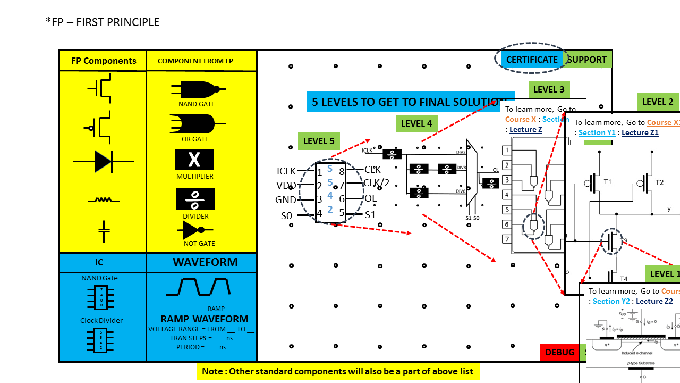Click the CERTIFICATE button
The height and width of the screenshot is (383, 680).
[x=532, y=60]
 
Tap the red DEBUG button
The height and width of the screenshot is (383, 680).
[x=559, y=352]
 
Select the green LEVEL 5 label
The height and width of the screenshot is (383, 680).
[x=319, y=141]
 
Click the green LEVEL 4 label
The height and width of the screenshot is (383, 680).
[x=416, y=124]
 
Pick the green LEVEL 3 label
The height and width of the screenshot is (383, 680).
[x=549, y=89]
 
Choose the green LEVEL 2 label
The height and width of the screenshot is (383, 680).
[x=658, y=102]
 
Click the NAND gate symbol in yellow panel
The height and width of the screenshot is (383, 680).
[x=197, y=89]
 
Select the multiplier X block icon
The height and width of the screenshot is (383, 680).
[x=194, y=159]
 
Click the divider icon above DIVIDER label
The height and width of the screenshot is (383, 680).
[x=195, y=199]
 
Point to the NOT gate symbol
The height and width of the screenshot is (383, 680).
[x=196, y=230]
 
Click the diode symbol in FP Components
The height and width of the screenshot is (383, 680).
[x=103, y=161]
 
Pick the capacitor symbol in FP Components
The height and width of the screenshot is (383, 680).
[x=104, y=230]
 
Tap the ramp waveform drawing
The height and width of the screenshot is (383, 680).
[x=199, y=287]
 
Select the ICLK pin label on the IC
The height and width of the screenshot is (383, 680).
[x=286, y=171]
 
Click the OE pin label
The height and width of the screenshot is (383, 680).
[x=370, y=198]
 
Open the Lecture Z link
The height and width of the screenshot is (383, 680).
[x=526, y=129]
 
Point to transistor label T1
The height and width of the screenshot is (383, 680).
[x=608, y=182]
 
